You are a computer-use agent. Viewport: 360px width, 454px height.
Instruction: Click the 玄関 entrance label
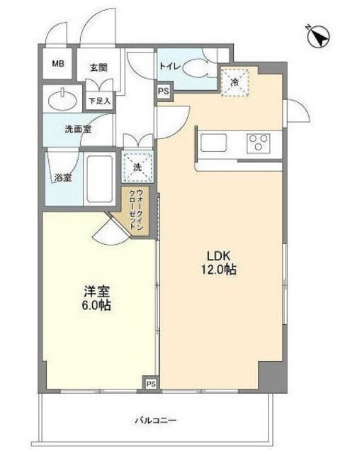click(x=98, y=67)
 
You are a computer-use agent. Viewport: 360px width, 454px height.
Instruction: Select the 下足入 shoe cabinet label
click(x=100, y=101)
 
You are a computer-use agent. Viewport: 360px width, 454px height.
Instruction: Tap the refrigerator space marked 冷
click(x=235, y=82)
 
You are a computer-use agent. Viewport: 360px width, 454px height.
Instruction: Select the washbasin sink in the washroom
click(x=61, y=100)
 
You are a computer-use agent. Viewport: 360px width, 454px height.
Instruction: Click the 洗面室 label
click(x=79, y=130)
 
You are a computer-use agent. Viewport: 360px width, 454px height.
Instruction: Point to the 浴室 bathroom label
click(x=63, y=177)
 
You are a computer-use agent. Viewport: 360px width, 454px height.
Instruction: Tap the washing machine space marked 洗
click(x=137, y=167)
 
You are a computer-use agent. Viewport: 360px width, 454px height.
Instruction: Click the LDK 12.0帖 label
click(x=220, y=262)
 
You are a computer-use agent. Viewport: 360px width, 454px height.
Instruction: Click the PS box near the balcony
click(x=150, y=384)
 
